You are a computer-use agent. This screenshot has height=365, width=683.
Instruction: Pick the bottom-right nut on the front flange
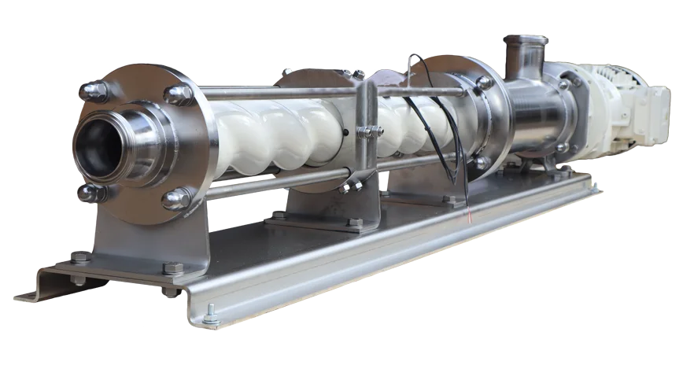(x=176, y=198)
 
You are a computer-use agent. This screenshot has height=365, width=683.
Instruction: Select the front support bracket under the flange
(x=150, y=244)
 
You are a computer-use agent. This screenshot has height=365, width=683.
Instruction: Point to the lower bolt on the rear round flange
(x=480, y=162)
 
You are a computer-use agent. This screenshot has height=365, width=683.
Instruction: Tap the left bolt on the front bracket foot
(x=79, y=256)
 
